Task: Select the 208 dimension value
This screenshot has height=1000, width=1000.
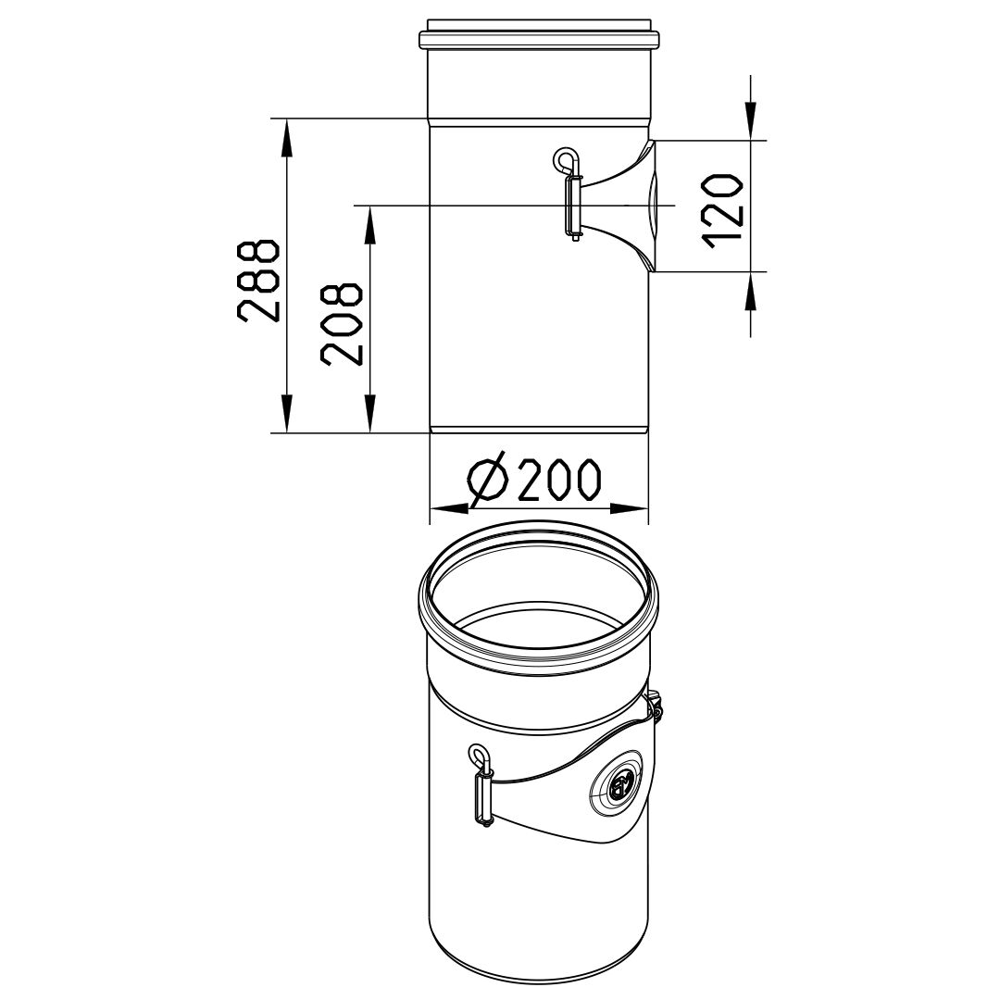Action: [x=342, y=323]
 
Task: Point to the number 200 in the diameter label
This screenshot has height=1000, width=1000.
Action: [x=559, y=480]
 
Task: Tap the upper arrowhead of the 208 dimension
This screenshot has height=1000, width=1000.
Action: [x=369, y=225]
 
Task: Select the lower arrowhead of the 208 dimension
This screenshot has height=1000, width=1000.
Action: [x=369, y=414]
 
